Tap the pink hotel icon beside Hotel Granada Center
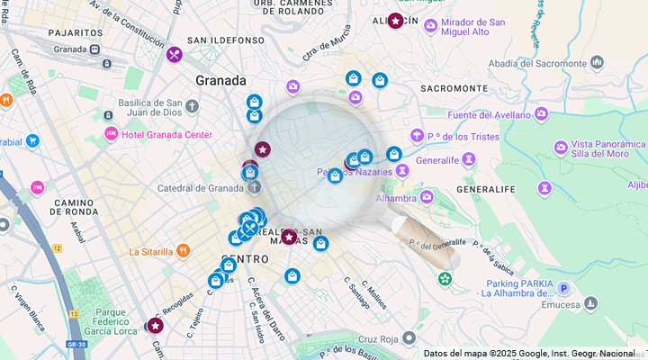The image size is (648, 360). click(111, 134)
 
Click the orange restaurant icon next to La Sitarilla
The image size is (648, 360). click(183, 251)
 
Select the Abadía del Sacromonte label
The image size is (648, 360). click(538, 64)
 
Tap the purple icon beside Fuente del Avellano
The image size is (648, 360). click(541, 113)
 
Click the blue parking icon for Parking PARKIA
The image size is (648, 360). click(563, 288)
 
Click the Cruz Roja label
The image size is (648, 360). click(378, 339)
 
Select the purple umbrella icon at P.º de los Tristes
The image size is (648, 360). click(417, 136)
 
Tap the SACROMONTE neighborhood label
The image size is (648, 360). click(454, 88)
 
